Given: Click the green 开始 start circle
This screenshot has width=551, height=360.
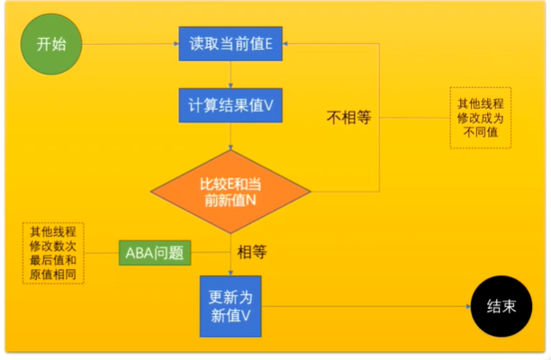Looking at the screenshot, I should tap(50, 43).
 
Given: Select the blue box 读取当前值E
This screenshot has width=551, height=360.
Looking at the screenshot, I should tap(230, 43).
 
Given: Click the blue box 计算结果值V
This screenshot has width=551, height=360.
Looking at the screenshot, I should tap(230, 104).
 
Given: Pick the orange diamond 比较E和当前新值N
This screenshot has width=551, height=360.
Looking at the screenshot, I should tap(230, 191).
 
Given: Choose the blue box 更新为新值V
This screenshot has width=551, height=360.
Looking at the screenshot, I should tap(230, 305).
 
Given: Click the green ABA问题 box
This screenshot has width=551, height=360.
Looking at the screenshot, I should tap(153, 253).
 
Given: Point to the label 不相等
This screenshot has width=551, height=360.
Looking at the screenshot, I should tap(348, 119).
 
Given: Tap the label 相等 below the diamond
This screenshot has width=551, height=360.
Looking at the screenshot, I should tap(251, 253).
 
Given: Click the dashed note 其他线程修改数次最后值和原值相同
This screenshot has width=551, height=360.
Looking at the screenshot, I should tap(53, 253).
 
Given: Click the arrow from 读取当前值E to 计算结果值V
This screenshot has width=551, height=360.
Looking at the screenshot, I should tap(230, 74).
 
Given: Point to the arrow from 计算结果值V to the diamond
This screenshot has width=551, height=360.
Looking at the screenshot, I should tap(230, 135).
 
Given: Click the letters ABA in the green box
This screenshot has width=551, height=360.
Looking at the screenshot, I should tap(140, 253).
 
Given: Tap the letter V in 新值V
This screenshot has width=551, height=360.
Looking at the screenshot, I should tap(244, 315).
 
